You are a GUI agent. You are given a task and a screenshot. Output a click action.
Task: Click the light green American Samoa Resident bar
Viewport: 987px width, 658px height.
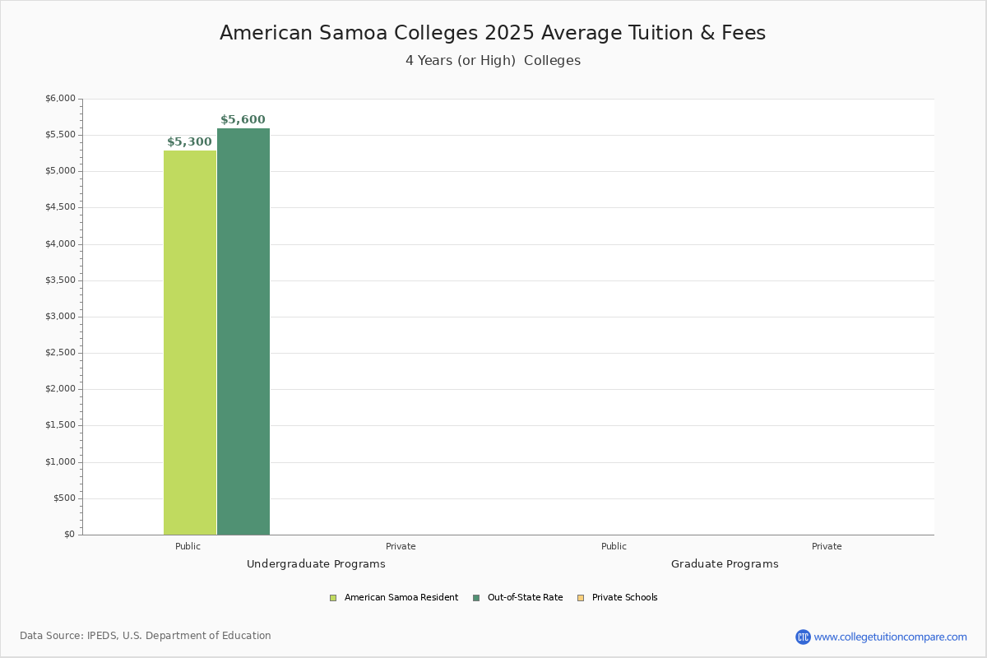pyautogui.click(x=190, y=342)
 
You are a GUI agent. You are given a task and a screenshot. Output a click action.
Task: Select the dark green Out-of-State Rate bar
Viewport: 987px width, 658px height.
pyautogui.click(x=243, y=331)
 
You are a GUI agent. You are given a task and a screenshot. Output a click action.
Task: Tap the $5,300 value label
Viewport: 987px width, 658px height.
pyautogui.click(x=189, y=142)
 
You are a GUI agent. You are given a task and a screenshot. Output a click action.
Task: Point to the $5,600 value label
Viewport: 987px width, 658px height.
pyautogui.click(x=243, y=120)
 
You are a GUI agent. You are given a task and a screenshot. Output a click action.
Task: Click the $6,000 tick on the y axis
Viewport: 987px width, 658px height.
pyautogui.click(x=59, y=99)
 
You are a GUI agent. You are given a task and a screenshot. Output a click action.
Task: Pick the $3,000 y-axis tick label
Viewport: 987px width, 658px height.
pyautogui.click(x=59, y=317)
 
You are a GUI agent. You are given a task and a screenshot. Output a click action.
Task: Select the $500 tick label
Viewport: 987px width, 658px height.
pyautogui.click(x=64, y=498)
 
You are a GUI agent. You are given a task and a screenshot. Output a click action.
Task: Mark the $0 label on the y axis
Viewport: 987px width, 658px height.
pyautogui.click(x=69, y=535)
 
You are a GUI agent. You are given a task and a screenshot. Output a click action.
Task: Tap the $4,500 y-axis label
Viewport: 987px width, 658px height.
pyautogui.click(x=59, y=207)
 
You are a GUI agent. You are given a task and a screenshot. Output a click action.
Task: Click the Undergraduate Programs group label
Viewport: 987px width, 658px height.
pyautogui.click(x=316, y=564)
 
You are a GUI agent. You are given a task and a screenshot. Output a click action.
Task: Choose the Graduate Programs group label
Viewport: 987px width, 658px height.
pyautogui.click(x=725, y=564)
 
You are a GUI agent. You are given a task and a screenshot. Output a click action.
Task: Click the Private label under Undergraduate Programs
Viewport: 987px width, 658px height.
pyautogui.click(x=401, y=546)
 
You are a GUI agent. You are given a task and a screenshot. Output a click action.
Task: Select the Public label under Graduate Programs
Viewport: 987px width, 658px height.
pyautogui.click(x=614, y=546)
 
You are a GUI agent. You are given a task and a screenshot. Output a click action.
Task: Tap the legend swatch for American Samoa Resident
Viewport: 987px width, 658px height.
pyautogui.click(x=333, y=598)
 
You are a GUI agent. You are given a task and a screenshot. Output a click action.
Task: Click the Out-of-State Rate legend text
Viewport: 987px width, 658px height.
pyautogui.click(x=525, y=598)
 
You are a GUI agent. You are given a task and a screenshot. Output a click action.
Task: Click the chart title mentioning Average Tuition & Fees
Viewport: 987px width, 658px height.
pyautogui.click(x=493, y=33)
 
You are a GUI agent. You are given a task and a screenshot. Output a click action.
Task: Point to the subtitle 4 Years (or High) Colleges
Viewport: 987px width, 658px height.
pyautogui.click(x=493, y=61)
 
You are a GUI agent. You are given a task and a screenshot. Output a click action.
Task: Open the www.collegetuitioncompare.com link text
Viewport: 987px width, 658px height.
pyautogui.click(x=890, y=637)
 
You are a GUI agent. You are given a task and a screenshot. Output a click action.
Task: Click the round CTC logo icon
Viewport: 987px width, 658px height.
pyautogui.click(x=803, y=637)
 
